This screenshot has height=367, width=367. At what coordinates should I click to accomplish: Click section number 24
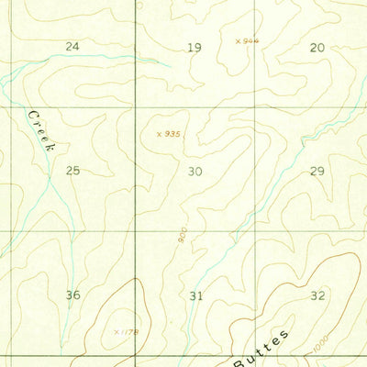pyautogui.click(x=72, y=47)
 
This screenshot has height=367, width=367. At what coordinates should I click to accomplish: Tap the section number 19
pyautogui.click(x=194, y=47)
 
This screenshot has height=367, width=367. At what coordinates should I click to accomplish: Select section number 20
pyautogui.click(x=317, y=47)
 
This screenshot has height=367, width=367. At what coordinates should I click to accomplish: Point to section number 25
pyautogui.click(x=73, y=171)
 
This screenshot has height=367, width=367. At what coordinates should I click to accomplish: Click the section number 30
pyautogui.click(x=195, y=172)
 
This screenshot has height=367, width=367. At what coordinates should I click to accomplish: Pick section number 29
pyautogui.click(x=317, y=172)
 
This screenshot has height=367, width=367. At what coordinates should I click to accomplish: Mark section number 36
pyautogui.click(x=73, y=295)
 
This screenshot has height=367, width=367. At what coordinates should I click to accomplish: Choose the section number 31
pyautogui.click(x=195, y=295)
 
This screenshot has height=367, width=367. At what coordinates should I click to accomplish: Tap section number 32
pyautogui.click(x=318, y=295)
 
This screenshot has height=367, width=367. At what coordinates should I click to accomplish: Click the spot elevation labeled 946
pyautogui.click(x=247, y=40)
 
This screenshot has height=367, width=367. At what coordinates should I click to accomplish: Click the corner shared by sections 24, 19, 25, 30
pyautogui.click(x=136, y=107)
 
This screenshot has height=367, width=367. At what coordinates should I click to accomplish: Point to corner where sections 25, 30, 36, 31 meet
pyautogui.click(x=136, y=230)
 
